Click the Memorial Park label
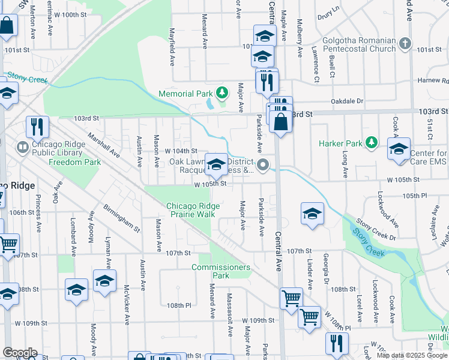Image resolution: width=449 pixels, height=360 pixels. click(x=185, y=94)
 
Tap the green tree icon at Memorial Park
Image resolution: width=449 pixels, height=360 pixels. click(x=223, y=92)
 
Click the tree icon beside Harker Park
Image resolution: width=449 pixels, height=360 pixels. click(x=372, y=142)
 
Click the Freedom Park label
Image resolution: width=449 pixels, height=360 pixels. click(x=74, y=162)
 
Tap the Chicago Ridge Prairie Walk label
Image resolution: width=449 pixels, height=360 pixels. click(x=193, y=210)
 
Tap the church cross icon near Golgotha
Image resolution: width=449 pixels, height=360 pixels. click(x=405, y=44)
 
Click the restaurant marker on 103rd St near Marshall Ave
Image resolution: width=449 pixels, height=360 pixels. click(x=37, y=127)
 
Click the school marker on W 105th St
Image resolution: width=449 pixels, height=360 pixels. click(x=216, y=163)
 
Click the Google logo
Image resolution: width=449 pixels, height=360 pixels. click(x=20, y=353)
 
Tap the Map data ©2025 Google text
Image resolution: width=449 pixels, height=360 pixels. click(x=411, y=355)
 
